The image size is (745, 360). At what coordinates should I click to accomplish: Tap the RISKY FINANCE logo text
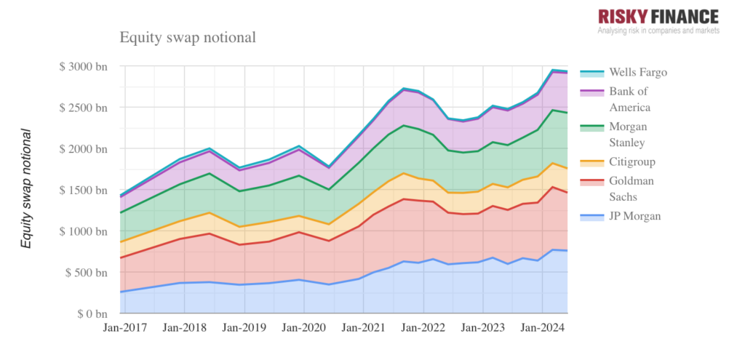658,16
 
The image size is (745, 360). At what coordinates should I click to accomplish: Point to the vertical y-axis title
27,188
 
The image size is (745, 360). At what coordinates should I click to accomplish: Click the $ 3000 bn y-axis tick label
84,66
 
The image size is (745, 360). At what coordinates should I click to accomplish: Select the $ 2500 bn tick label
84,108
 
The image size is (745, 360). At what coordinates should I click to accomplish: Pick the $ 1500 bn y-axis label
84,190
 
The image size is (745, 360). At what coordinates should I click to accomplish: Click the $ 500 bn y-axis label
87,273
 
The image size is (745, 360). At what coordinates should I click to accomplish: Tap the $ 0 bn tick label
92,314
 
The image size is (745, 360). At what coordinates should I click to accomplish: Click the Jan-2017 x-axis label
124,328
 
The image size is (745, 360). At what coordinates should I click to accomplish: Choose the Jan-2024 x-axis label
541,328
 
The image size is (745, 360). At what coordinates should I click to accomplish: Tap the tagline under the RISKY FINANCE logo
658,31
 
